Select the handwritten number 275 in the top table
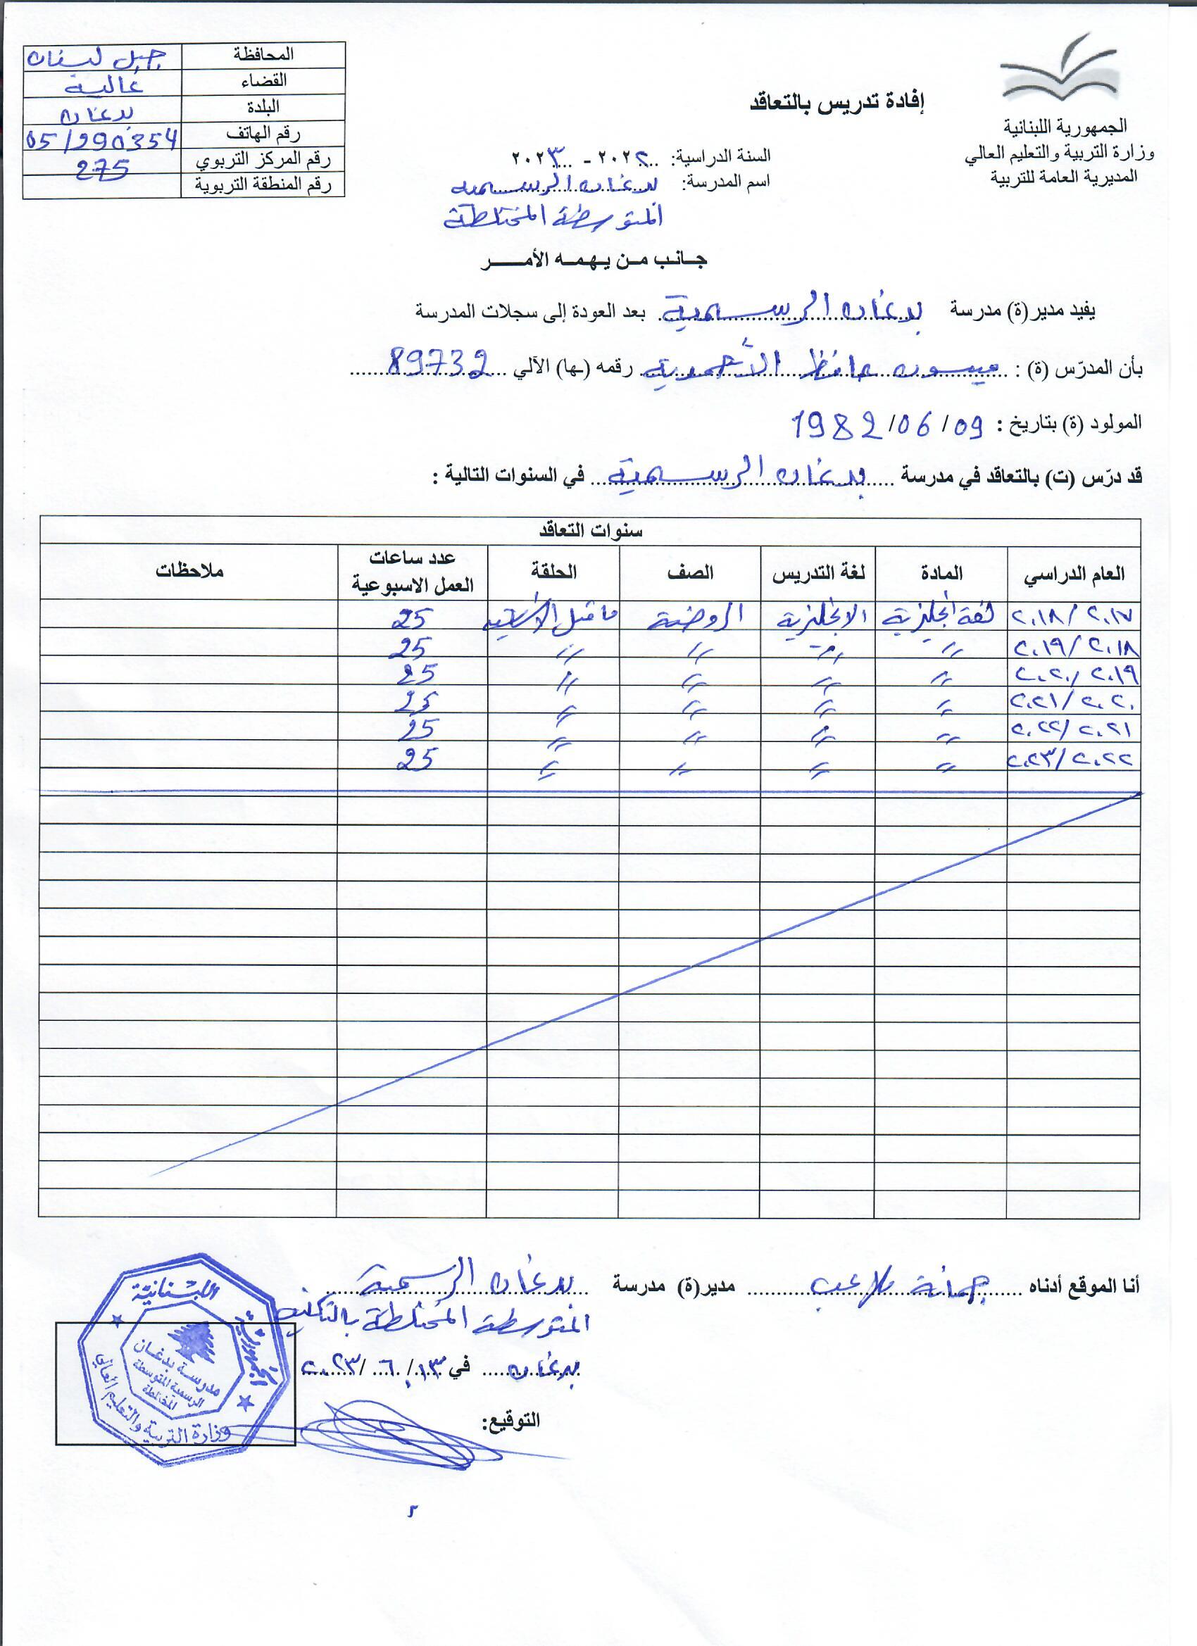102,169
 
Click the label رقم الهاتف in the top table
263,134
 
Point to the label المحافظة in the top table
263,54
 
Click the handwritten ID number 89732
439,360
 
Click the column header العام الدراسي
1074,574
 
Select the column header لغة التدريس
818,573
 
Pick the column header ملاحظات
189,571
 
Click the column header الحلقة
553,572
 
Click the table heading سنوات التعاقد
590,532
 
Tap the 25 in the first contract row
413,618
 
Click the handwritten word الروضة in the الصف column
694,617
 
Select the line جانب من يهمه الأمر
593,260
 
